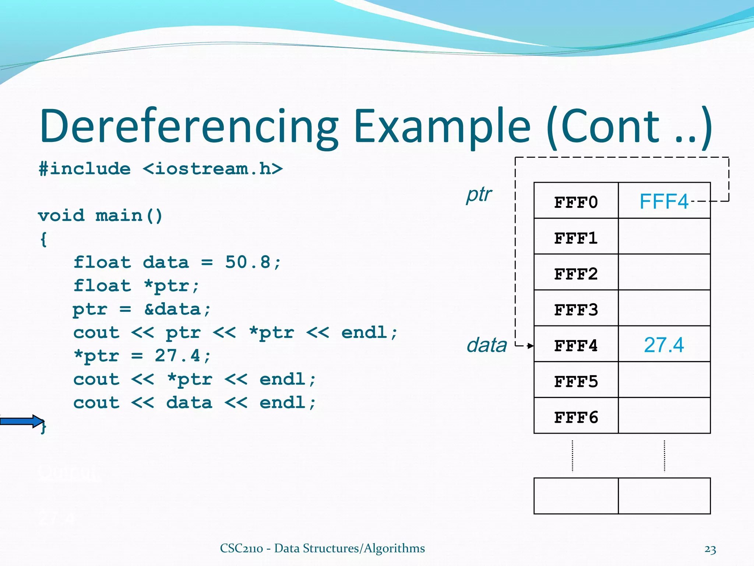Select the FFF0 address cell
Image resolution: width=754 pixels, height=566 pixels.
click(576, 202)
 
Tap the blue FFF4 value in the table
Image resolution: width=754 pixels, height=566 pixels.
click(663, 202)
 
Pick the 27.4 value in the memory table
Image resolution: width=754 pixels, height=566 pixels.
click(663, 345)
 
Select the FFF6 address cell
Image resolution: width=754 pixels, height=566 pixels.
click(576, 417)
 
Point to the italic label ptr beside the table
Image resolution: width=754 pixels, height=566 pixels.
click(479, 195)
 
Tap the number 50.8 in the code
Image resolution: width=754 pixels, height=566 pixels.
click(248, 262)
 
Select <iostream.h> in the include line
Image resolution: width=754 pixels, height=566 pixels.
click(213, 169)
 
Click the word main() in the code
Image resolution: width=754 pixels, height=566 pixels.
click(129, 216)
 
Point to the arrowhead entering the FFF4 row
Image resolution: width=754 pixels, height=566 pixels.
click(531, 346)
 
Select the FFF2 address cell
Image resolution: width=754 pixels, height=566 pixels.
click(576, 273)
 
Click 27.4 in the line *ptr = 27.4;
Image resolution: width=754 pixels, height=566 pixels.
click(178, 356)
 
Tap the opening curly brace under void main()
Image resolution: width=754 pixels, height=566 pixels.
click(43, 239)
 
